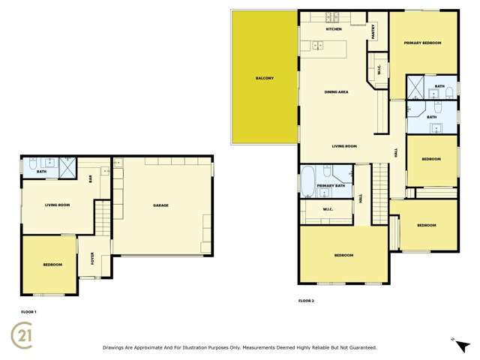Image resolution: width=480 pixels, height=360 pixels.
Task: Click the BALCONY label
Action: pyautogui.click(x=264, y=79)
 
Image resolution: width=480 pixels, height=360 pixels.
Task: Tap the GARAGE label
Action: pyautogui.click(x=160, y=205)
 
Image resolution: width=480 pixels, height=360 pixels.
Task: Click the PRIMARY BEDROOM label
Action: pyautogui.click(x=422, y=43)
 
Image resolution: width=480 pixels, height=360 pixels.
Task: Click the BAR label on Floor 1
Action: pyautogui.click(x=91, y=178)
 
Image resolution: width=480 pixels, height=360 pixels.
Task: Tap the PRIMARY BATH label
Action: pyautogui.click(x=331, y=185)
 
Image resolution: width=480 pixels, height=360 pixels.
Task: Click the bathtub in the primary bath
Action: pyautogui.click(x=307, y=181)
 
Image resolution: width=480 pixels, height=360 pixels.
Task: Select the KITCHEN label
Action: pyautogui.click(x=334, y=28)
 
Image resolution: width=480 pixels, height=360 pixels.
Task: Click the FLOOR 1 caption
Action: pyautogui.click(x=28, y=310)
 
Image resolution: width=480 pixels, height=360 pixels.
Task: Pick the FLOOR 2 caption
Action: pyautogui.click(x=306, y=300)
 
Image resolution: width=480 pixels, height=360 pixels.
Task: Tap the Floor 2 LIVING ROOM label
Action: pyautogui.click(x=344, y=146)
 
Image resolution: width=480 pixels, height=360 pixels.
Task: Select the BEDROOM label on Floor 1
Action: pyautogui.click(x=52, y=265)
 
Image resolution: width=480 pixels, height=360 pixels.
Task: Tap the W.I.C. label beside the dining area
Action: pyautogui.click(x=379, y=72)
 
